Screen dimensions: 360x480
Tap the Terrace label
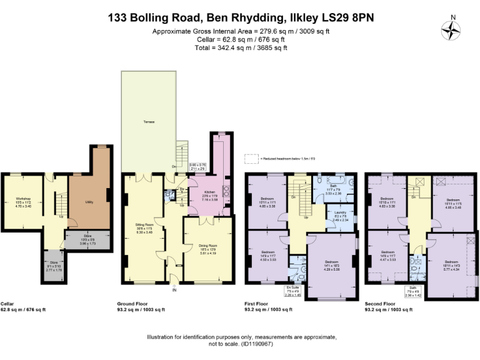148,121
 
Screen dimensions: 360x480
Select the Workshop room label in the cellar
23,199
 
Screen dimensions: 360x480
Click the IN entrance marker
174,290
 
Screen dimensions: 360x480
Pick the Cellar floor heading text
7,304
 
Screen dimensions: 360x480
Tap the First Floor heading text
256,304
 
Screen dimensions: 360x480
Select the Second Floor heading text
381,304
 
